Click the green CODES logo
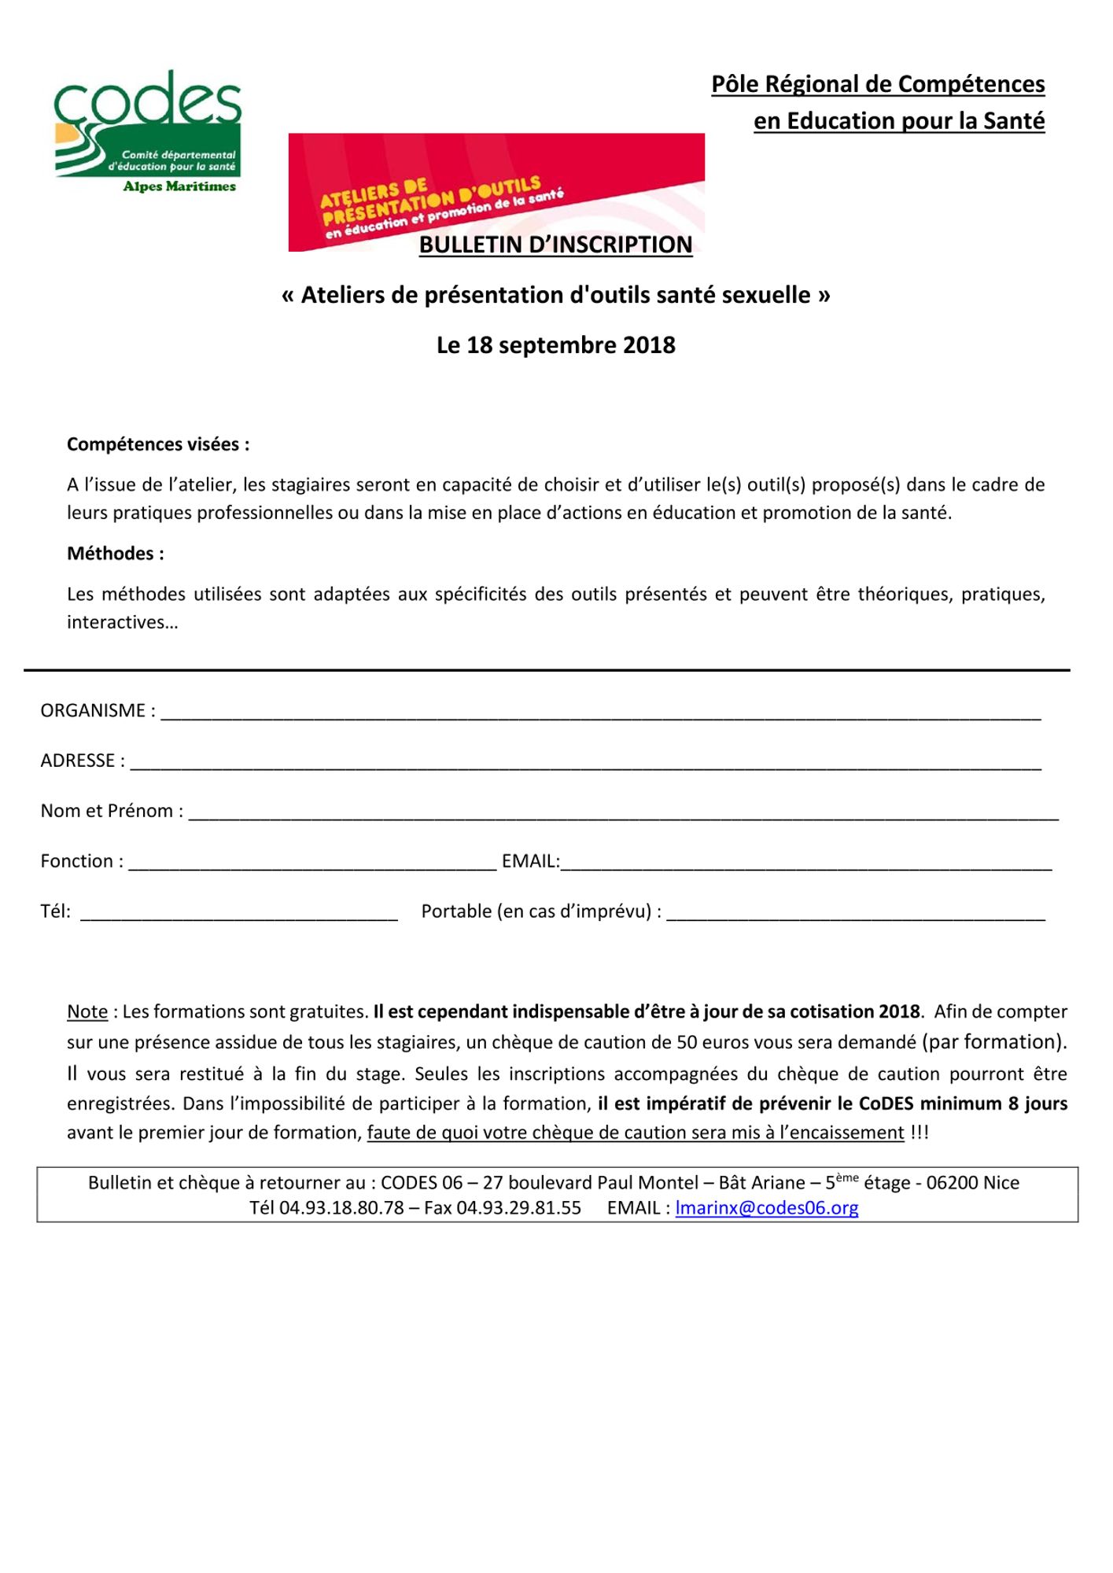coord(148,130)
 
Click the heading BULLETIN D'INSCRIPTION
coord(555,245)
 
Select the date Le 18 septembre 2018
coord(555,345)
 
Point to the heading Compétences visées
coord(158,444)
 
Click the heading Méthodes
coord(116,554)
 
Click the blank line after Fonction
coord(312,864)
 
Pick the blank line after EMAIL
coord(805,864)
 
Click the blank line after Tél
coord(238,915)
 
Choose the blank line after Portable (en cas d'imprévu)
coord(856,915)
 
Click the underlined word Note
coord(87,1011)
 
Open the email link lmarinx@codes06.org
coord(766,1208)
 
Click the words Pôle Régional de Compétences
coord(878,84)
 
